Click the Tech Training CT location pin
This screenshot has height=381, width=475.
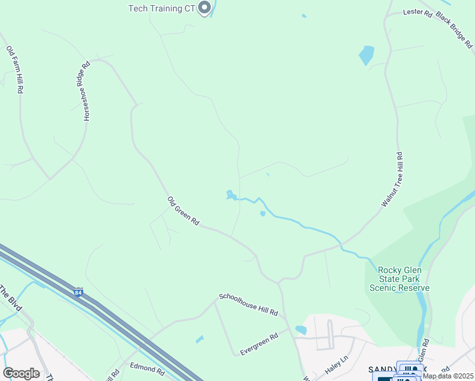204,8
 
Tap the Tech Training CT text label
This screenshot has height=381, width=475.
161,8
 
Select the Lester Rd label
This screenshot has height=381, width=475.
418,12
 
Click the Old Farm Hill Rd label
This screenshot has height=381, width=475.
15,70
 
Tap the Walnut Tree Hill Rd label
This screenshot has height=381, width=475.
392,179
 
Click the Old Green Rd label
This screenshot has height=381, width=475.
184,211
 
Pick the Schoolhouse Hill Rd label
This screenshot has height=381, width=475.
248,305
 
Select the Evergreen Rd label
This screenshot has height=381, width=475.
259,344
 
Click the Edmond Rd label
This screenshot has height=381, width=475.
147,368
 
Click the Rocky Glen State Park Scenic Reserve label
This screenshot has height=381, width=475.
399,279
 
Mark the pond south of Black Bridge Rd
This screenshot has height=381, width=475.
366,55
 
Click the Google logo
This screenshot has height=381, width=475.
21,373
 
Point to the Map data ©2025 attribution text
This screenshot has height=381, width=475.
448,376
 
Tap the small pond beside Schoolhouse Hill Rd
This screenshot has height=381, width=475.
301,330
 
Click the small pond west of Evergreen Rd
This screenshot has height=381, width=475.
200,339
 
